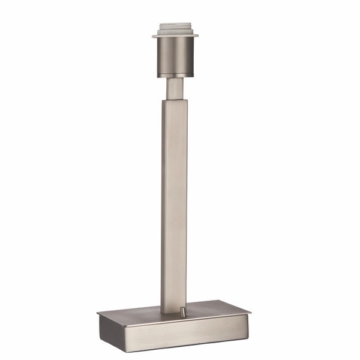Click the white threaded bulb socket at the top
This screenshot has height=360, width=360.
coord(175,29)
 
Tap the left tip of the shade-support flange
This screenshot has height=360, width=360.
coord(153,36)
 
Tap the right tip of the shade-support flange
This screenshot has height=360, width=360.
coord(198,36)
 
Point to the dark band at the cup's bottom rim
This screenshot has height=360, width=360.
coord(175,75)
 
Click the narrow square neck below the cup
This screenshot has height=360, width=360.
coord(175,88)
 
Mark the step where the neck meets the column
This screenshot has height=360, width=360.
coord(175,100)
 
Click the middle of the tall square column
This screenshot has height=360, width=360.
coord(174,204)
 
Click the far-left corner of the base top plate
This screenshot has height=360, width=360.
coord(98,311)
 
